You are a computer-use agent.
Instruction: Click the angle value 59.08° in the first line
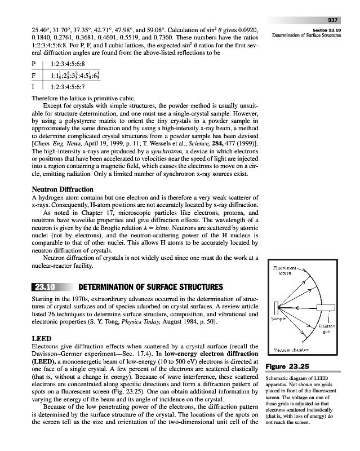[161, 26]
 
